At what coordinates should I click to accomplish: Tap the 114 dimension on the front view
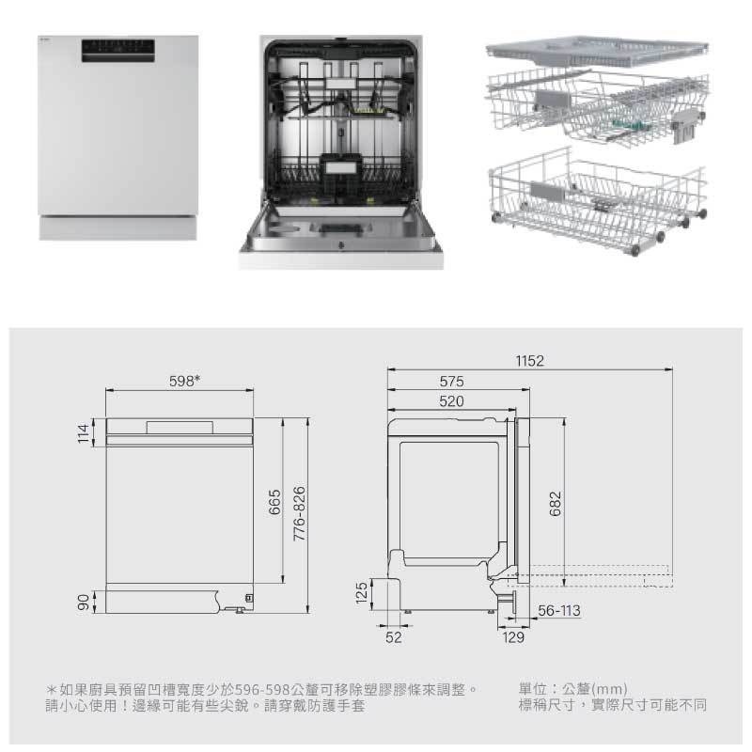pyautogui.click(x=83, y=433)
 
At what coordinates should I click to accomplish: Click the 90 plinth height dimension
pyautogui.click(x=83, y=601)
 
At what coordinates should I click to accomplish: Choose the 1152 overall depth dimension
pyautogui.click(x=530, y=361)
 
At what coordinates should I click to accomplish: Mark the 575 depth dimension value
pyautogui.click(x=452, y=383)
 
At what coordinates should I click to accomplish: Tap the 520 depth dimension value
pyautogui.click(x=452, y=401)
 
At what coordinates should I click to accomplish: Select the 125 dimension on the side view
pyautogui.click(x=361, y=594)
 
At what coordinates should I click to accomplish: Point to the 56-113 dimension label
pyautogui.click(x=558, y=611)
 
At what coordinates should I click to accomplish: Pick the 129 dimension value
pyautogui.click(x=513, y=637)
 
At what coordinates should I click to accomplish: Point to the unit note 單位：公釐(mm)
pyautogui.click(x=572, y=689)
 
